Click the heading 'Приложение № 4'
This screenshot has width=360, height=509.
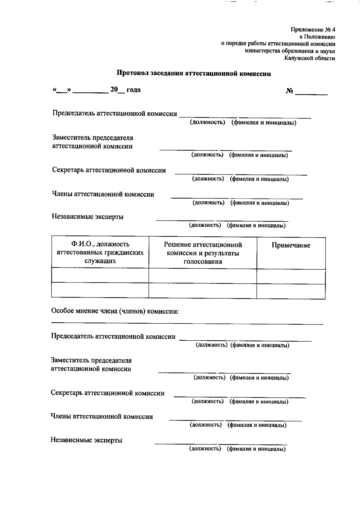[313, 30]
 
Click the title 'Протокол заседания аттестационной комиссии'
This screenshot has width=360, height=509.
[194, 74]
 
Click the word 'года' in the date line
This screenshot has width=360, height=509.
[133, 90]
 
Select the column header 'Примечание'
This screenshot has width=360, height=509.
[291, 245]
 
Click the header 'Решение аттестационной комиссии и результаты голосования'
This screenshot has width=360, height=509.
[203, 253]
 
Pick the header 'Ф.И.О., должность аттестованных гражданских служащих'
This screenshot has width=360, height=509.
[100, 252]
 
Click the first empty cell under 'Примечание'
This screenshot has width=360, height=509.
[291, 276]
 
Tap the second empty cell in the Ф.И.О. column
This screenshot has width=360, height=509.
[100, 290]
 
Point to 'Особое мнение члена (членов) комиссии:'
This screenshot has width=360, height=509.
[115, 311]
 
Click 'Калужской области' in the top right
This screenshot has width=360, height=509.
[310, 58]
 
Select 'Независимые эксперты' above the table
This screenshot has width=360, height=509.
[88, 217]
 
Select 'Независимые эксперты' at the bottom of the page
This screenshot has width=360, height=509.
[86, 440]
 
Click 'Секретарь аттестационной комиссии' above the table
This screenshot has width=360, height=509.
[109, 170]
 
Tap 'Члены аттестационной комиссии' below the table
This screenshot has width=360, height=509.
[102, 416]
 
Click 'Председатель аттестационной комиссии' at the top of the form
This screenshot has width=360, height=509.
[115, 113]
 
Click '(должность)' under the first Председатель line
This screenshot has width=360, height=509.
[207, 122]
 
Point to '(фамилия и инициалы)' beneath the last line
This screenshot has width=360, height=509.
[256, 449]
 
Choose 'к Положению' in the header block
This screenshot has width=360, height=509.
[317, 37]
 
